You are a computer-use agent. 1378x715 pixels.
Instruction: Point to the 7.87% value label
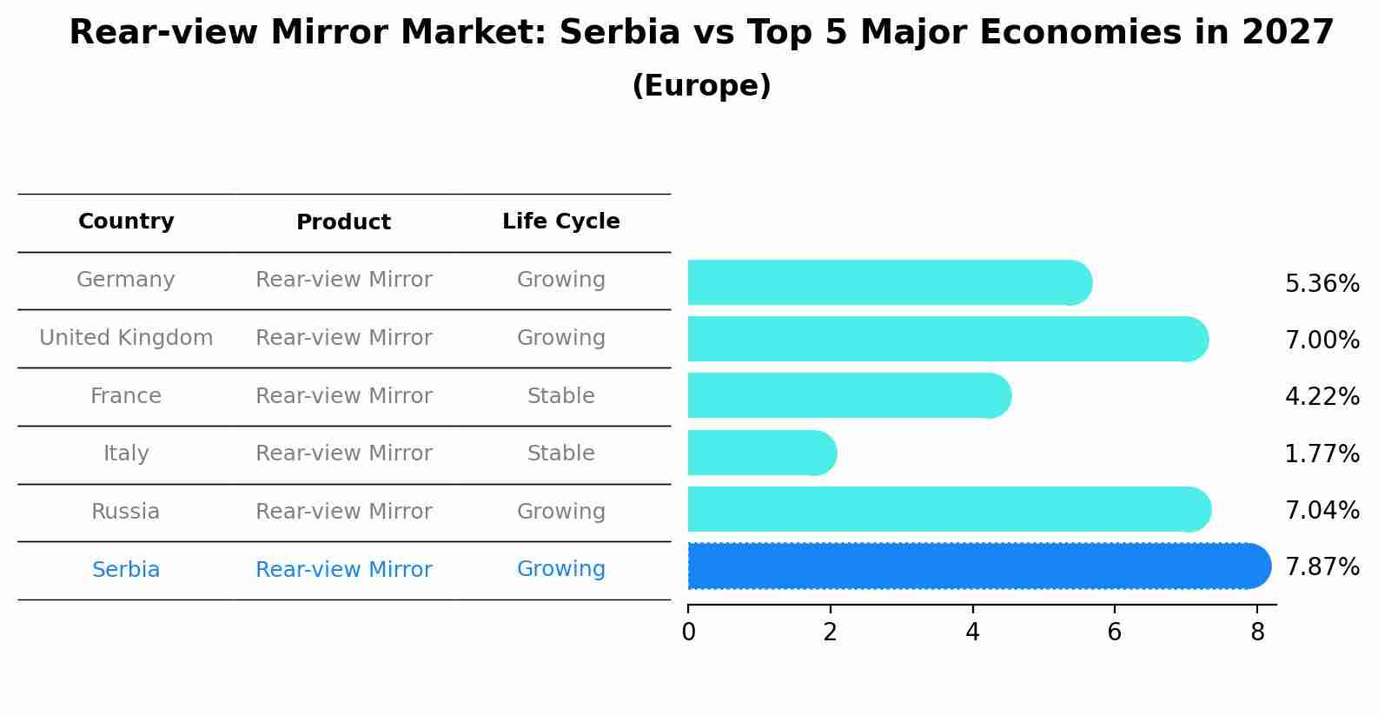click(x=1322, y=567)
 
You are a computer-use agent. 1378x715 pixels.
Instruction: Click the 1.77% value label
click(x=1322, y=453)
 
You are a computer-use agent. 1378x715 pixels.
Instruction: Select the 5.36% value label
click(x=1322, y=284)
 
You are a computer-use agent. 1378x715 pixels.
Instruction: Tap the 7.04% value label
click(x=1322, y=511)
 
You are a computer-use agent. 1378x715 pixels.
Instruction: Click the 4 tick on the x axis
click(x=972, y=632)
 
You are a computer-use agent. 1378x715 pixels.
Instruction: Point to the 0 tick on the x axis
click(x=689, y=632)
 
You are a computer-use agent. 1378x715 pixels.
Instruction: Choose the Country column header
click(x=126, y=222)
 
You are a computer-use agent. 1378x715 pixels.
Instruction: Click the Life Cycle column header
click(x=561, y=222)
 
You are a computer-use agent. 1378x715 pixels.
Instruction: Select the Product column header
click(x=343, y=222)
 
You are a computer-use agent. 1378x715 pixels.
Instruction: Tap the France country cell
click(x=126, y=396)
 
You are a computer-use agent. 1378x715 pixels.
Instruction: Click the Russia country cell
click(x=126, y=512)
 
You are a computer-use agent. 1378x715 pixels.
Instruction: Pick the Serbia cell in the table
click(x=126, y=570)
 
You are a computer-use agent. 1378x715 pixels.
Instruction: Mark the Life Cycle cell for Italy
click(x=561, y=453)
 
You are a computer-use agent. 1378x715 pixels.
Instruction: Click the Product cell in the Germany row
click(x=343, y=280)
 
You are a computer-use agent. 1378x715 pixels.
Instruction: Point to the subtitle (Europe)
click(x=701, y=86)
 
